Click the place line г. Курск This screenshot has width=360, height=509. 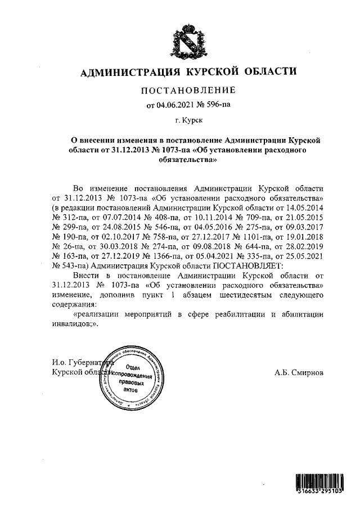click(x=188, y=120)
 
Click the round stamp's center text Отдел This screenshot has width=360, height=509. click(x=132, y=366)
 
